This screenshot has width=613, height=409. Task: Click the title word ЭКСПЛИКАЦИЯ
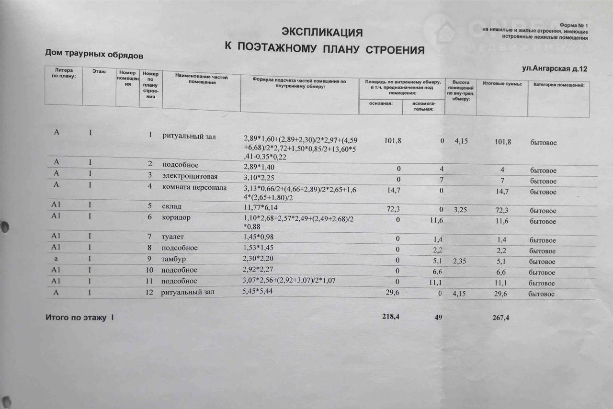321,33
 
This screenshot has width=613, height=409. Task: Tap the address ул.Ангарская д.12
555,69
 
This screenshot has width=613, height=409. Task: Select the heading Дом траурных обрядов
94,54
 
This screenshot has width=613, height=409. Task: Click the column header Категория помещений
557,85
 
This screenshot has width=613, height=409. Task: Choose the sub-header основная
380,104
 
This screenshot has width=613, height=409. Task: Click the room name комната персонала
193,187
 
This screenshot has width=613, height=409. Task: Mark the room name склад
171,206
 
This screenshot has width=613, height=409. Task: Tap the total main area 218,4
390,316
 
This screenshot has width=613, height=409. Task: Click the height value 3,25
462,209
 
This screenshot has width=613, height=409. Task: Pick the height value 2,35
462,261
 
